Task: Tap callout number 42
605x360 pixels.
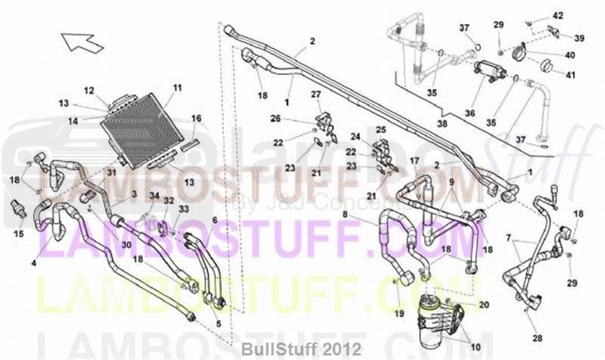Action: pyautogui.click(x=558, y=16)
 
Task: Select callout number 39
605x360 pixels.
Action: pyautogui.click(x=579, y=38)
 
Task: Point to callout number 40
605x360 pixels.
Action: pyautogui.click(x=570, y=54)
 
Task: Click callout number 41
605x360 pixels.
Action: pyautogui.click(x=570, y=75)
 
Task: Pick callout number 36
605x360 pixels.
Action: pyautogui.click(x=470, y=113)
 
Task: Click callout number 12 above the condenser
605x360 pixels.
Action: pyautogui.click(x=88, y=91)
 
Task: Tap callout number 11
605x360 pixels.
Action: pyautogui.click(x=177, y=88)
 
